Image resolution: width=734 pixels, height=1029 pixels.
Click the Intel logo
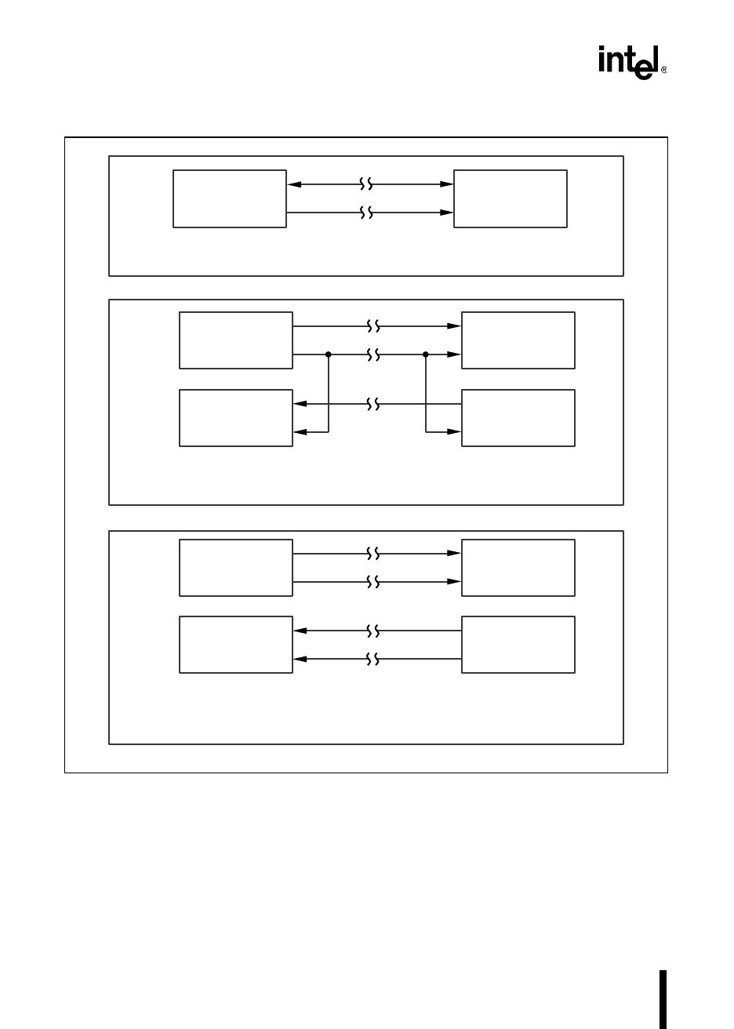(x=631, y=63)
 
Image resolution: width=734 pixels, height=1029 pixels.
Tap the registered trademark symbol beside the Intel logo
(x=664, y=71)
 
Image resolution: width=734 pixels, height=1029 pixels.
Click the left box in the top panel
(x=230, y=198)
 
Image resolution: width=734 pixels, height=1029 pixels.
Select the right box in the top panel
(x=511, y=198)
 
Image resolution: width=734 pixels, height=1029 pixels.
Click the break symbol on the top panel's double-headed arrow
(x=365, y=184)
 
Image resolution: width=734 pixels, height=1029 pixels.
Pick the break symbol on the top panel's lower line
(x=365, y=212)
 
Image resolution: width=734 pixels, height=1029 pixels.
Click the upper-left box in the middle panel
(x=236, y=340)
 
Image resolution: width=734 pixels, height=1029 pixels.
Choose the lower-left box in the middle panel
(x=236, y=418)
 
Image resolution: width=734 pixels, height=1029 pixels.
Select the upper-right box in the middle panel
(x=518, y=340)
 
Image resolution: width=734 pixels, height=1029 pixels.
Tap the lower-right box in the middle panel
(x=518, y=418)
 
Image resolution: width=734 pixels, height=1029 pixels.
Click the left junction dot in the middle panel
(x=329, y=355)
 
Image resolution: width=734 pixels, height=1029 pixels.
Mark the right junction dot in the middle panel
(x=426, y=355)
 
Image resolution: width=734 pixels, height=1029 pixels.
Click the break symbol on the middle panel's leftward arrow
(x=374, y=405)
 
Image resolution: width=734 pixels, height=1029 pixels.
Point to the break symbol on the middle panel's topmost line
(x=374, y=325)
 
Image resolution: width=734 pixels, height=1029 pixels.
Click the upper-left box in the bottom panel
(x=236, y=568)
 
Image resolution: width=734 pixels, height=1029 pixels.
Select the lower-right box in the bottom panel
(x=518, y=645)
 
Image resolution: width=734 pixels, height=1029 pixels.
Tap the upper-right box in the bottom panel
(x=518, y=568)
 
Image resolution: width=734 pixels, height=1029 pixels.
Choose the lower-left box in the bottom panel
(x=236, y=645)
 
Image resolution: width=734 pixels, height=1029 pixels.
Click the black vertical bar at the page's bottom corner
(x=663, y=999)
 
